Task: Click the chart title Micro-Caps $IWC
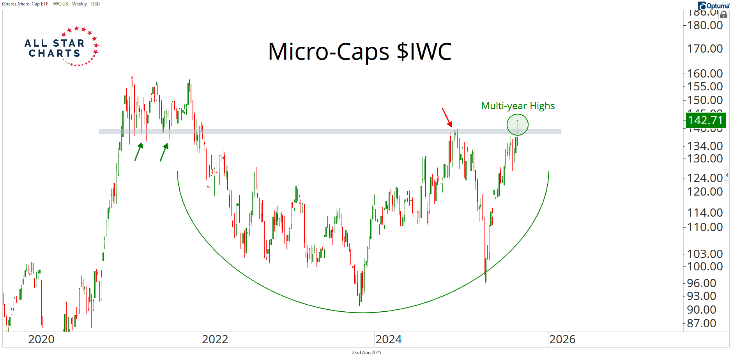coord(360,51)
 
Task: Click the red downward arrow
coord(447,117)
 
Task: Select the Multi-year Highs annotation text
coord(518,106)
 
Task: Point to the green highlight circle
coord(517,125)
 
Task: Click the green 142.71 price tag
coord(705,120)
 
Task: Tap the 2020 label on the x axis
coord(41,339)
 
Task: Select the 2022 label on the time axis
coord(215,339)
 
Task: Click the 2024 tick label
coord(388,339)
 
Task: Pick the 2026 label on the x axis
coord(562,339)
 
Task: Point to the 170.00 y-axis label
coord(705,49)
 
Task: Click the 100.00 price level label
coord(705,266)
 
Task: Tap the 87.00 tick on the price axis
coord(702,323)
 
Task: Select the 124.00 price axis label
coord(705,178)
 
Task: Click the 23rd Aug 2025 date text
coord(366,353)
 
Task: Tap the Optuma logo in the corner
coord(714,5)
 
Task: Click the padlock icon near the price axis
coord(724,15)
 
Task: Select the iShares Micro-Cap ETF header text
coord(51,4)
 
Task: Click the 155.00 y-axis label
coord(705,86)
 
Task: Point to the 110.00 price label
coord(705,227)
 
